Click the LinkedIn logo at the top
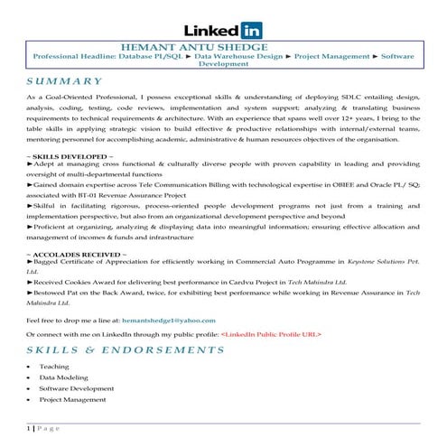point(223,30)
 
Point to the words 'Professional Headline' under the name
point(71,56)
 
